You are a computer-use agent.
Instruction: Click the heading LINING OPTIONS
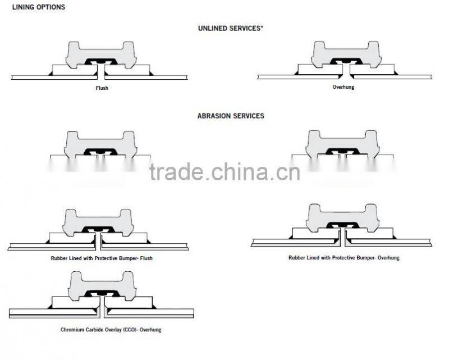pos(38,7)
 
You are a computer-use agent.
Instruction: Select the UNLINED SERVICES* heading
pos(230,28)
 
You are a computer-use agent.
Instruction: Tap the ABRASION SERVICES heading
pos(231,116)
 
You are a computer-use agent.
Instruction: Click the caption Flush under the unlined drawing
pos(102,88)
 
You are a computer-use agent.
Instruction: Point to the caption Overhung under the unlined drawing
pos(343,87)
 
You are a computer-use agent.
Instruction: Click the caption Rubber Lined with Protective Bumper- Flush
pos(101,258)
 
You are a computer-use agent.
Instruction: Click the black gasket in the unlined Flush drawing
pos(101,61)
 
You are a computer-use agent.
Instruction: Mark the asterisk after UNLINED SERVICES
pos(262,27)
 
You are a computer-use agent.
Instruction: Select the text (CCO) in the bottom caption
pos(123,330)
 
